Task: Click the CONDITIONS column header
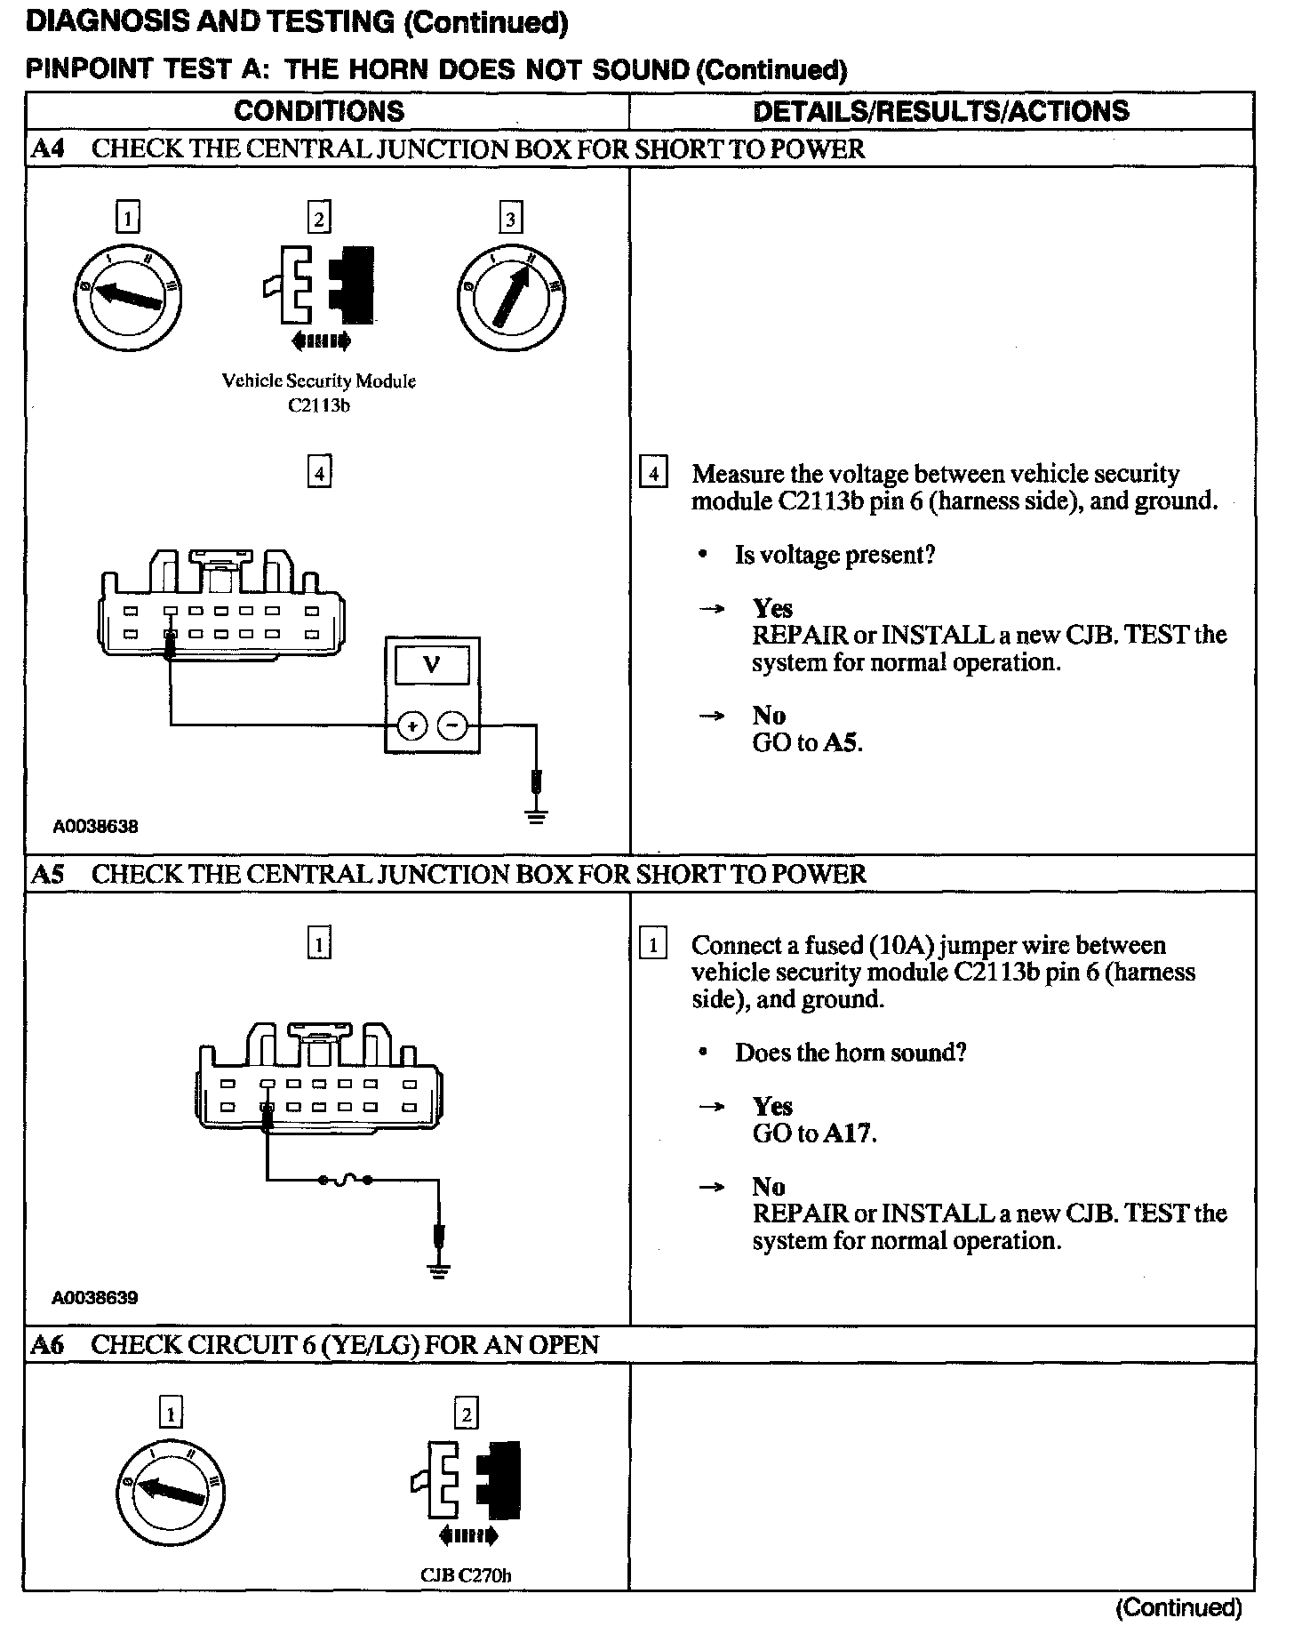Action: pyautogui.click(x=318, y=111)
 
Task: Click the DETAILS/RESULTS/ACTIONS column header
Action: pyautogui.click(x=940, y=111)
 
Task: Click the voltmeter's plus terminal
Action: pyautogui.click(x=411, y=726)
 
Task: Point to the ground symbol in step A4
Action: pyautogui.click(x=536, y=813)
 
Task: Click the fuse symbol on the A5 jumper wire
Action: pyautogui.click(x=343, y=1181)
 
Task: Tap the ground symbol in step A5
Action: pyautogui.click(x=437, y=1268)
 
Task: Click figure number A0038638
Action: pyautogui.click(x=96, y=827)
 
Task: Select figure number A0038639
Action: pyautogui.click(x=96, y=1298)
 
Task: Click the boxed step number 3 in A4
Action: pyautogui.click(x=510, y=219)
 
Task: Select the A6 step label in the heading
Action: pyautogui.click(x=47, y=1345)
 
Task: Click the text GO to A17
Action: pyautogui.click(x=814, y=1133)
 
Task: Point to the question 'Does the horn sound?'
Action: pyautogui.click(x=850, y=1053)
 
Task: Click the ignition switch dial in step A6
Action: pyautogui.click(x=171, y=1490)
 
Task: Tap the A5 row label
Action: pyautogui.click(x=47, y=874)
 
